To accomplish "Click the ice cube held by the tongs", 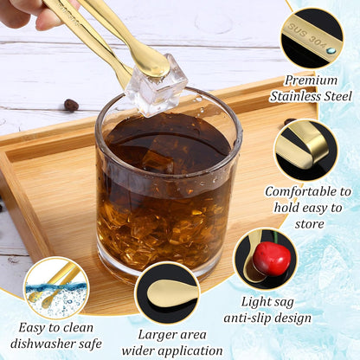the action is click(x=156, y=86).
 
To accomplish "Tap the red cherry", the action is click(x=273, y=259).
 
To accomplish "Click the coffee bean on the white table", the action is click(x=71, y=105).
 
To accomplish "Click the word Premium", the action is click(x=311, y=80).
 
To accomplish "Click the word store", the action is click(x=309, y=224).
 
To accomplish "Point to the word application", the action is click(x=190, y=352).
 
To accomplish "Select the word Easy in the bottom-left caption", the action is click(x=32, y=328).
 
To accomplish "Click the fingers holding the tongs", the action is click(x=29, y=13).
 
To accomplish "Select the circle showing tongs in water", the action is click(x=56, y=288).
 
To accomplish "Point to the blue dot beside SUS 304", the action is click(x=331, y=51).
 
